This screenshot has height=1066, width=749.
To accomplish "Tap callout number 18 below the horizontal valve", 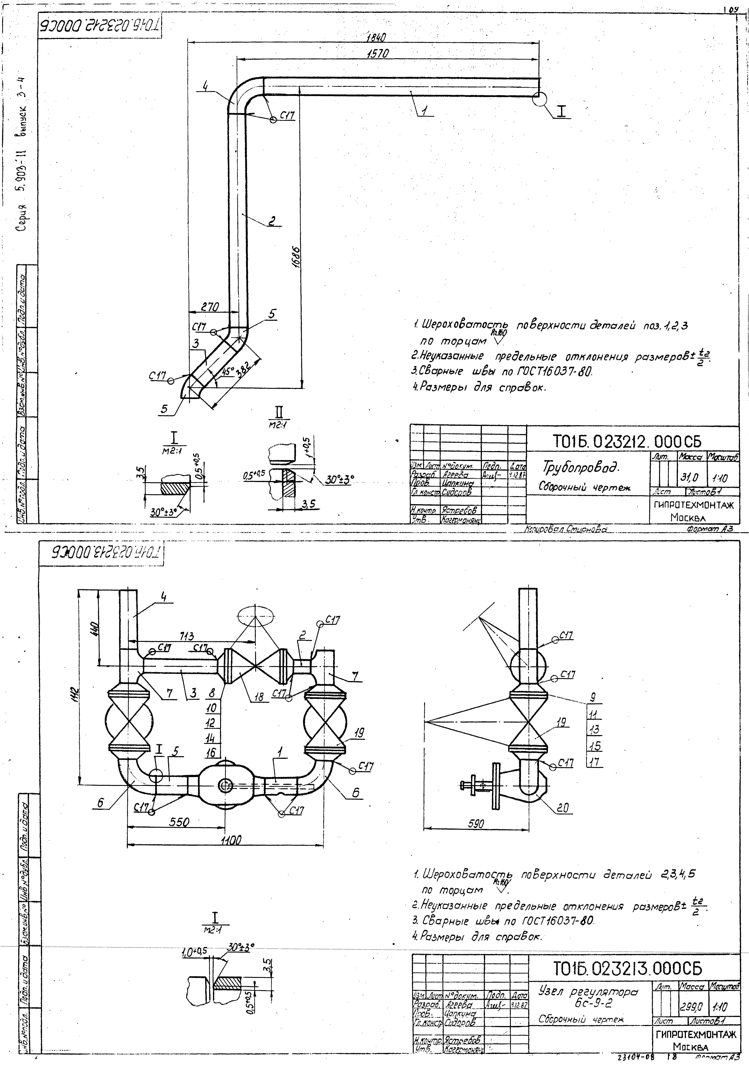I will pyautogui.click(x=259, y=696).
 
